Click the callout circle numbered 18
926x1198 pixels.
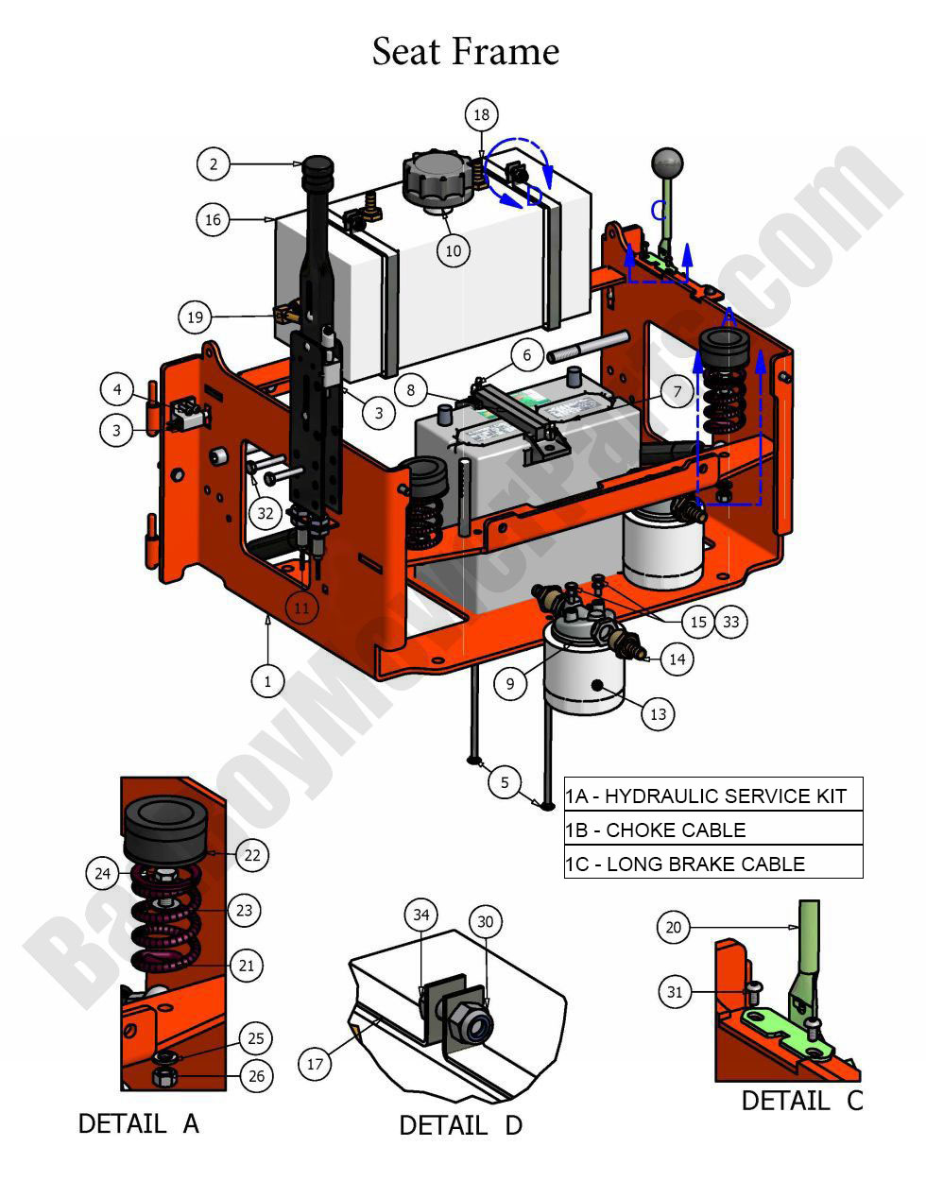click(x=481, y=115)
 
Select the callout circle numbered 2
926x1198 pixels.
click(x=214, y=163)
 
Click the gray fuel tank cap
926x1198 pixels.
click(x=436, y=177)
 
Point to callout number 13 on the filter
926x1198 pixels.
click(x=658, y=714)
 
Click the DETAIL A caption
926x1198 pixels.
click(x=138, y=1123)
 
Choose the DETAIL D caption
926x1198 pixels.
click(x=460, y=1125)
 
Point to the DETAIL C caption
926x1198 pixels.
click(x=801, y=1101)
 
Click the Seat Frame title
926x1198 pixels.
click(x=465, y=51)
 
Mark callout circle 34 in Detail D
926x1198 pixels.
click(x=421, y=915)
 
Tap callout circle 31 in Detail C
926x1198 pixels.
click(x=674, y=992)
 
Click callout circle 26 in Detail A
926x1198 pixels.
click(x=256, y=1075)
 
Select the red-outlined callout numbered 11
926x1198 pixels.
click(x=300, y=608)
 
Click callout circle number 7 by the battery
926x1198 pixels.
click(x=677, y=391)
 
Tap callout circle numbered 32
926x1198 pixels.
click(x=266, y=513)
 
